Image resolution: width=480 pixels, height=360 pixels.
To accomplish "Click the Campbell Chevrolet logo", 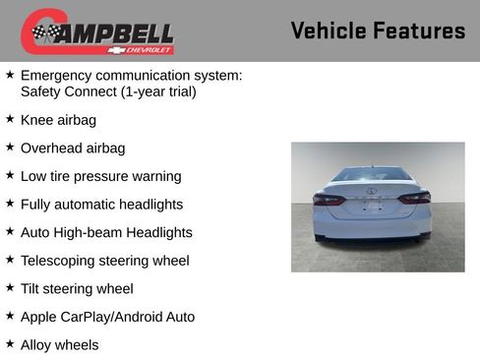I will tap(97, 31).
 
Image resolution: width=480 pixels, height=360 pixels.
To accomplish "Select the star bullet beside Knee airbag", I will tap(10, 119).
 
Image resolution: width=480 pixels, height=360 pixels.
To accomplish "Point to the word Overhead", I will tap(54, 149).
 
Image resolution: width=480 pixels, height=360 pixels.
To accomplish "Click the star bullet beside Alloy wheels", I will tap(10, 344).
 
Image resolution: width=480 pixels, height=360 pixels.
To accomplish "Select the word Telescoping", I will tap(61, 261).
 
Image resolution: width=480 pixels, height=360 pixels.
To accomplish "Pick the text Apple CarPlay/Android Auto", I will tap(107, 317).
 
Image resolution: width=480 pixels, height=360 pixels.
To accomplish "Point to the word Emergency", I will tap(58, 76).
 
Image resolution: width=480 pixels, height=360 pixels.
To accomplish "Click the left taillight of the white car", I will tap(329, 199).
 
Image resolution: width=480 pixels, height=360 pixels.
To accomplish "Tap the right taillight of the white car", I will tap(414, 198).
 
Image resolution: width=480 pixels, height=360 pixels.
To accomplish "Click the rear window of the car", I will tap(371, 176).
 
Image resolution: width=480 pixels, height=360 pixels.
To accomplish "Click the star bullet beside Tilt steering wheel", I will tap(10, 288).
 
